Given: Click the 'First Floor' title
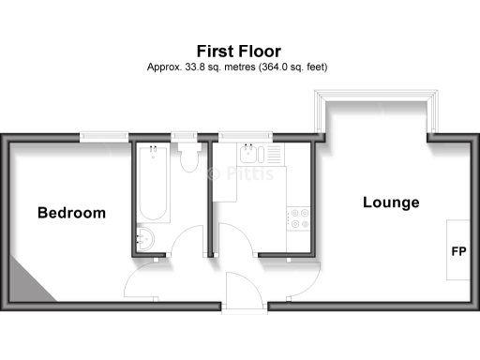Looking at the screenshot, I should (238, 50).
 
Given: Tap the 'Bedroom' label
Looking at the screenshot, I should (71, 213).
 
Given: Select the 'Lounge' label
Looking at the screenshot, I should (390, 202).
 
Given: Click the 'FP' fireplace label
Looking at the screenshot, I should (459, 251).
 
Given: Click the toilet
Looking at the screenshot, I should (188, 157).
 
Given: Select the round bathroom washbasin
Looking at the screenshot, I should (148, 237).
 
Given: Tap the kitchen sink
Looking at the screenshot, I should (252, 152).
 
